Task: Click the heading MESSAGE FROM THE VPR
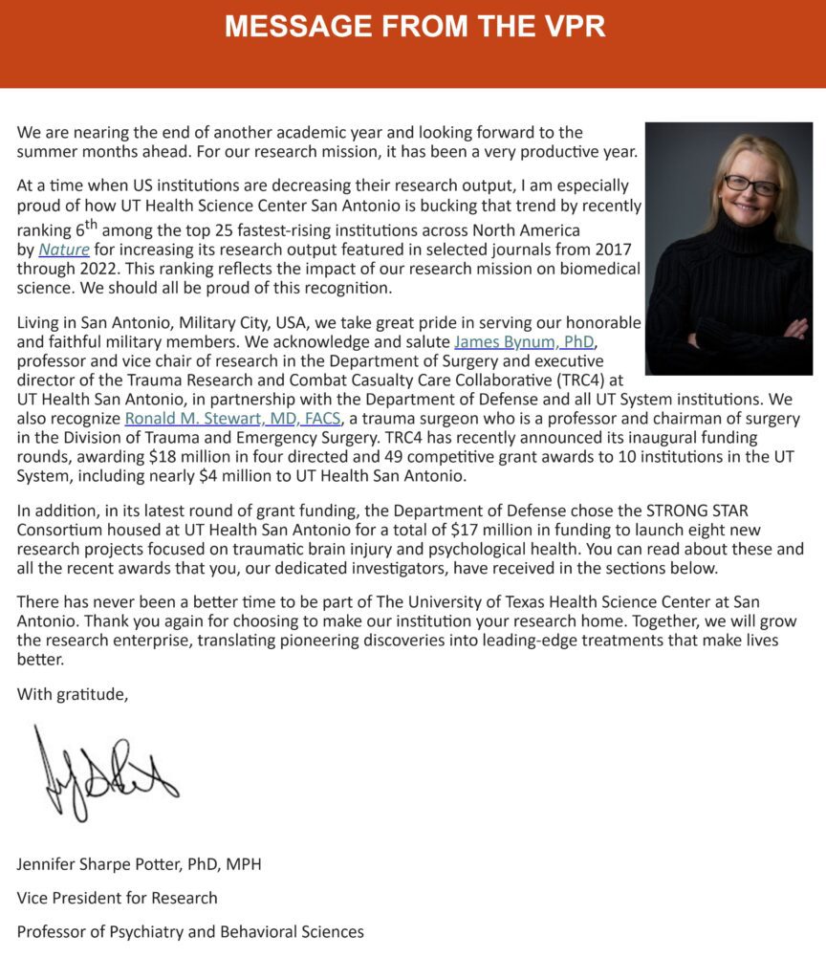coord(414,26)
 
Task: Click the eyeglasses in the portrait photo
coord(751,185)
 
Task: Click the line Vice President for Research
coord(117,898)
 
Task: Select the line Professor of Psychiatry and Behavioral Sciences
coord(190,931)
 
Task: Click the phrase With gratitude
coord(72,694)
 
